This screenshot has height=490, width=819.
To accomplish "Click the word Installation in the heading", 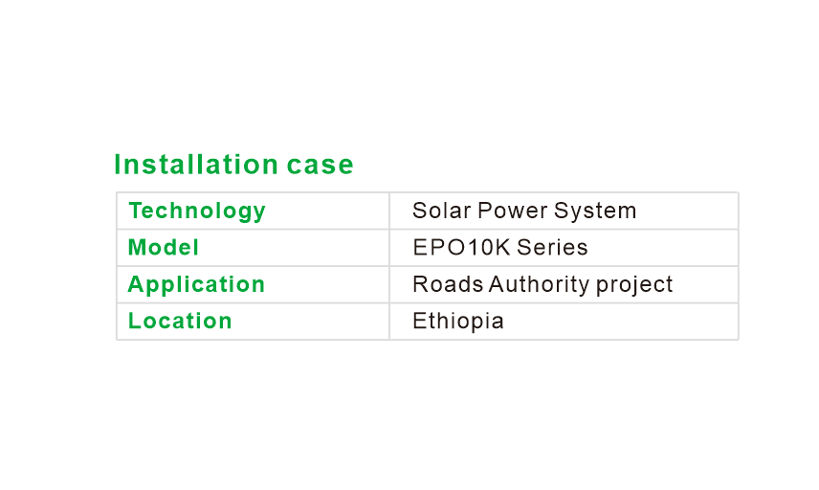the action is tap(196, 164).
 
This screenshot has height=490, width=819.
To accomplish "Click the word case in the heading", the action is tap(321, 166).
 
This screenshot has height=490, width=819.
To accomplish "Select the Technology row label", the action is tap(197, 212).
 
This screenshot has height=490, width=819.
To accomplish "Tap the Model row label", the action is tap(163, 247).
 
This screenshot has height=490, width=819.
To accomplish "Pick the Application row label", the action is tap(196, 285).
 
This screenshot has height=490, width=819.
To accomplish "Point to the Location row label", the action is tap(180, 321).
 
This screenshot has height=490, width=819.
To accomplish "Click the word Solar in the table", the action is tap(441, 211).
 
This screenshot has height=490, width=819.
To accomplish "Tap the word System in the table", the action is tap(595, 212).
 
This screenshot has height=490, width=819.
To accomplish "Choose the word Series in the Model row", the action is tap(552, 247).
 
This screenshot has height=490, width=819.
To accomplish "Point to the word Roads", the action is tap(448, 284).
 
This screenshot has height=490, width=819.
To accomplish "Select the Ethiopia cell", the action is tap(458, 322).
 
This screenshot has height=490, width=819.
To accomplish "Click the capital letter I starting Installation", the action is tap(118, 164).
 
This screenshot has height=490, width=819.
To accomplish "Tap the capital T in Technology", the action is tap(136, 211).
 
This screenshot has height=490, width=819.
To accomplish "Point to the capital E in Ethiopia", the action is tap(419, 321).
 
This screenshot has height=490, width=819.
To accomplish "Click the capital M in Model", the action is tap(138, 247).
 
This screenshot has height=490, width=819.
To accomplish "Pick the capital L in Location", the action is tap(135, 321).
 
